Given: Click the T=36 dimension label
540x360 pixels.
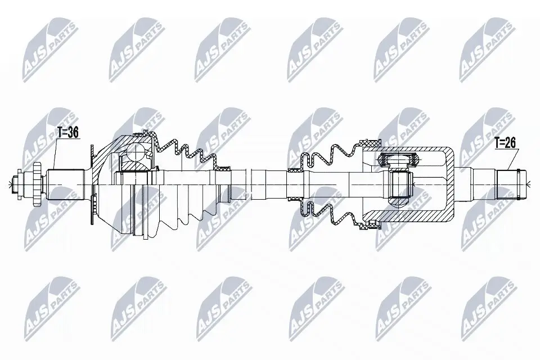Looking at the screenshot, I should click(67, 133).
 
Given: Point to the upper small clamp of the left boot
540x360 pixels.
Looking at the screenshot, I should click(226, 166).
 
